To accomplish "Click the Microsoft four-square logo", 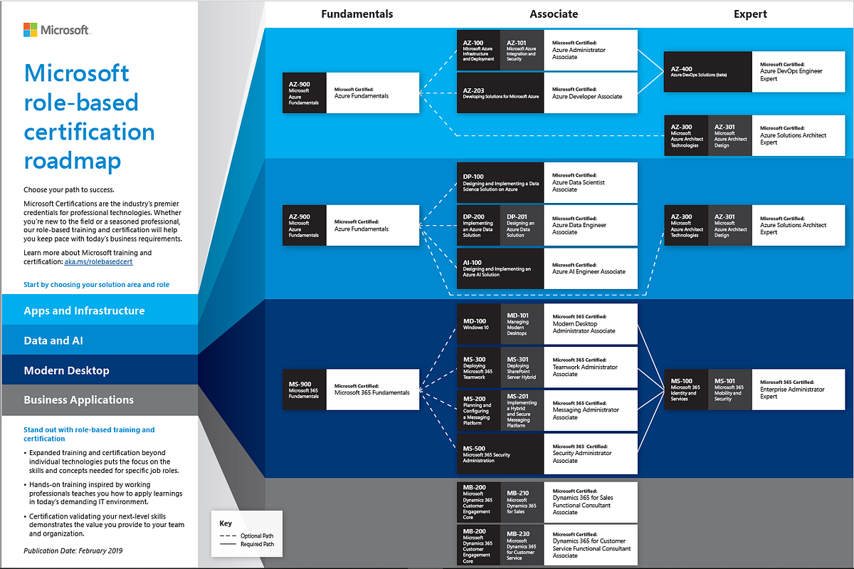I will [31, 30].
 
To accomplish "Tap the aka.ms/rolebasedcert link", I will [98, 262].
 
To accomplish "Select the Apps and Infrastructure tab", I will [84, 311].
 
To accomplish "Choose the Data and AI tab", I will [53, 341].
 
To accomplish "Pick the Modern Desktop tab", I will [66, 371].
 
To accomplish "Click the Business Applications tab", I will [78, 400].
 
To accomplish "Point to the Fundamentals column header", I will [357, 14].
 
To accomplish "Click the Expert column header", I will [750, 14].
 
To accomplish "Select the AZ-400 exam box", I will [707, 71].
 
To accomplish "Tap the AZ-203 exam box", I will [500, 93].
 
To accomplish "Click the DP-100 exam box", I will [500, 182].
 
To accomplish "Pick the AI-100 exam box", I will [500, 268].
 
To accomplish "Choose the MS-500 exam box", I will [500, 454].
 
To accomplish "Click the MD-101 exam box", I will [522, 325].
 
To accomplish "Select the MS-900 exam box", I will [305, 389].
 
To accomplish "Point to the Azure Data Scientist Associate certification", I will [591, 182].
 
